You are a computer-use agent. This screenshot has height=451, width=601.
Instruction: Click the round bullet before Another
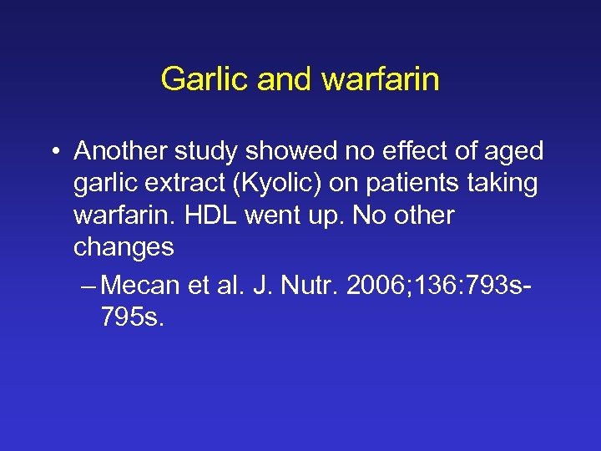pyautogui.click(x=54, y=152)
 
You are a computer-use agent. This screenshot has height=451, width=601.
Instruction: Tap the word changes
pyautogui.click(x=124, y=247)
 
